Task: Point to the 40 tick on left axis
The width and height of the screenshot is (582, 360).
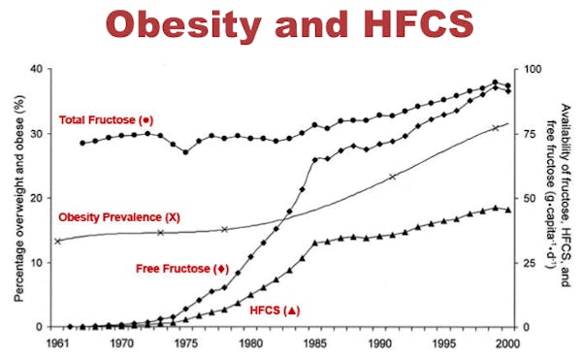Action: [36, 70]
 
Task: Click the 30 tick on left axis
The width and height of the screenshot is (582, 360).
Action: [36, 134]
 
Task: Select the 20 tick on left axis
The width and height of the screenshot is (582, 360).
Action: [36, 198]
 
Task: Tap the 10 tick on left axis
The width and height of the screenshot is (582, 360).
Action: [36, 263]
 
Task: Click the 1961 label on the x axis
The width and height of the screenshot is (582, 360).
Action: [56, 344]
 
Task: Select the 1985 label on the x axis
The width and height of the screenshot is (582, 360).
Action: [315, 344]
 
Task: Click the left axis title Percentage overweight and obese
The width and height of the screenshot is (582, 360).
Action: [15, 198]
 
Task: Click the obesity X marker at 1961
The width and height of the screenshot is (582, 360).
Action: [57, 241]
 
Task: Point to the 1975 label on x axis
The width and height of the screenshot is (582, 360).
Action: [186, 344]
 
